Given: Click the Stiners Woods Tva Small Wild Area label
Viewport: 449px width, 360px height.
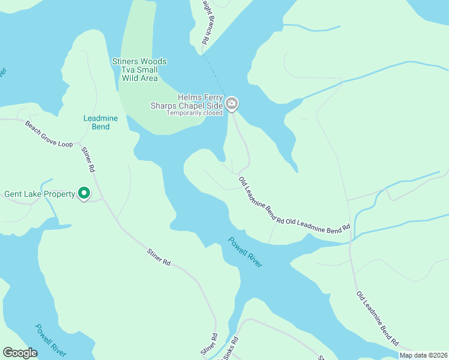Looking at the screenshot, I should pyautogui.click(x=139, y=70).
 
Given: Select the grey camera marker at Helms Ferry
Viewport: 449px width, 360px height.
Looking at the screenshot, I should pyautogui.click(x=232, y=105).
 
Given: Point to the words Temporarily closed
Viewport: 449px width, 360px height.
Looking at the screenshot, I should pyautogui.click(x=194, y=113).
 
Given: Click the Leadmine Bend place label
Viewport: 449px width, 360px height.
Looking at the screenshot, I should pyautogui.click(x=100, y=122).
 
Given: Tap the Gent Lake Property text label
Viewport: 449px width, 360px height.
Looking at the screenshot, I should pyautogui.click(x=39, y=194).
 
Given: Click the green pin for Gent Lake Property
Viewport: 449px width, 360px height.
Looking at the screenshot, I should pyautogui.click(x=85, y=193).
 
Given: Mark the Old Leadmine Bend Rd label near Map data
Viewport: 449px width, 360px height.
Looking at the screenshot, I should pyautogui.click(x=378, y=318).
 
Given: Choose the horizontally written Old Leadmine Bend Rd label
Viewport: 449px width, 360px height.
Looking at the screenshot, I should pyautogui.click(x=318, y=225).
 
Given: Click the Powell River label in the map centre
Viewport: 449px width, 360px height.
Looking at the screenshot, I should pyautogui.click(x=245, y=252).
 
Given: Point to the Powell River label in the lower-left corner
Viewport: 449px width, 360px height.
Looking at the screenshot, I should pyautogui.click(x=50, y=340).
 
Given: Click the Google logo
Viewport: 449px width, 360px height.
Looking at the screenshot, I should pyautogui.click(x=20, y=353).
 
